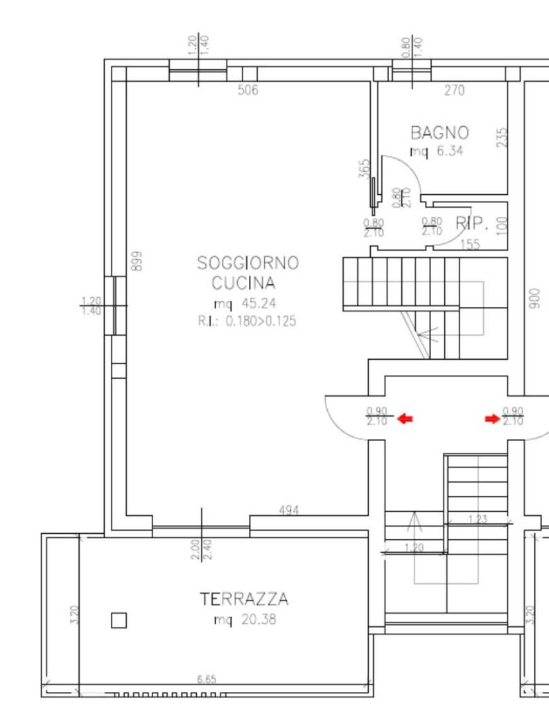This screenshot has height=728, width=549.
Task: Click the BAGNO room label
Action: (x=439, y=132)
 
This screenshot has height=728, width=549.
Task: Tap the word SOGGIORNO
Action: (x=248, y=263)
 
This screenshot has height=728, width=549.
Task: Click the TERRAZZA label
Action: (x=244, y=599)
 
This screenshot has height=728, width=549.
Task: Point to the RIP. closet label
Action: (x=472, y=223)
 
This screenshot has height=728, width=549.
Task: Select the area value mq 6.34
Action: (x=437, y=150)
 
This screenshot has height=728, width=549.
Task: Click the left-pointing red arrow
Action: (x=405, y=419)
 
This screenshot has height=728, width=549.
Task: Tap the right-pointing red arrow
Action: (x=492, y=419)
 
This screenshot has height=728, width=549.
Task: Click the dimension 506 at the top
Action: (x=247, y=89)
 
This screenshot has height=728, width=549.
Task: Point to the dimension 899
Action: (x=137, y=260)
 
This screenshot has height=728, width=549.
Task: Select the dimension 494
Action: (x=289, y=510)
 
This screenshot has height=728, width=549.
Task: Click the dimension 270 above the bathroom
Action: (x=454, y=89)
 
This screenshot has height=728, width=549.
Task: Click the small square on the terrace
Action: (x=119, y=620)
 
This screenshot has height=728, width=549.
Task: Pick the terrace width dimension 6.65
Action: (x=206, y=679)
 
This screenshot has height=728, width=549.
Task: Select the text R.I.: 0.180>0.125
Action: (x=247, y=321)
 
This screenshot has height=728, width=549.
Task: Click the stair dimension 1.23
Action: (x=478, y=519)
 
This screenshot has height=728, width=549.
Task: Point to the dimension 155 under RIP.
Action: (x=470, y=244)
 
